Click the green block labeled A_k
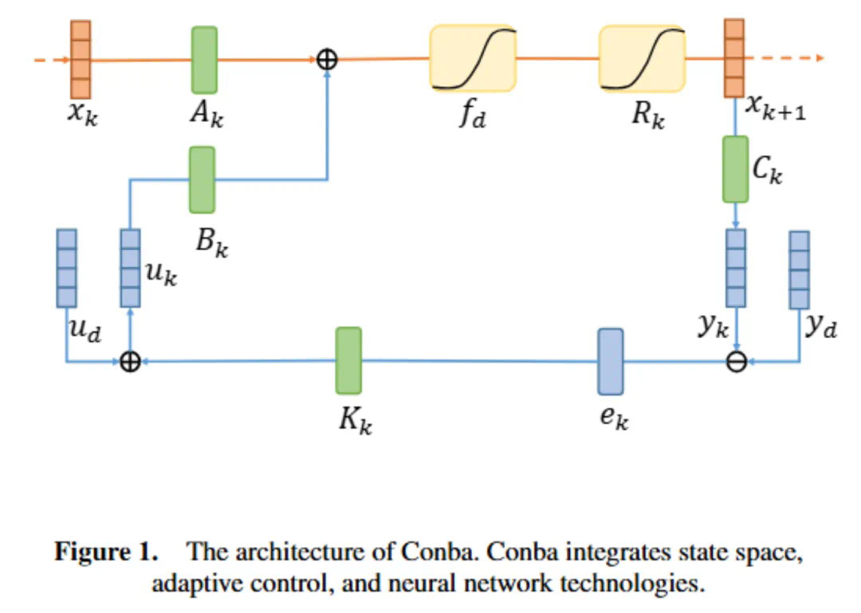(204, 60)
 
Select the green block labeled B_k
(202, 179)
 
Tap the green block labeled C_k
(735, 169)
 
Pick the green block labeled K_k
(348, 360)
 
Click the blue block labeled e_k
(610, 361)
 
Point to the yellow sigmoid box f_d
(473, 59)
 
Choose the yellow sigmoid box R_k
(642, 59)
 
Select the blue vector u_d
(67, 268)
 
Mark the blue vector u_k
(130, 268)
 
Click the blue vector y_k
(736, 268)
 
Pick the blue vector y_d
(799, 269)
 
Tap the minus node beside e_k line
(737, 362)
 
